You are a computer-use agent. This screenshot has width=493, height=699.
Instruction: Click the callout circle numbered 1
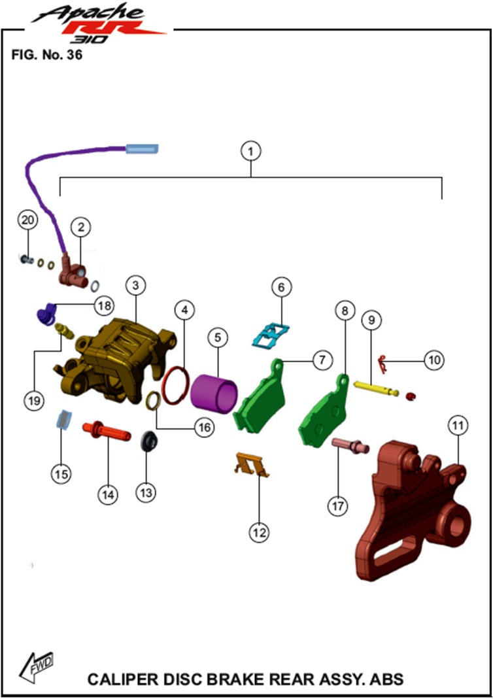250,152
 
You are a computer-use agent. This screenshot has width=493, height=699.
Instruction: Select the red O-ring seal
175,385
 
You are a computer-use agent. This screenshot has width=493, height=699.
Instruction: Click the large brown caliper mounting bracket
413,508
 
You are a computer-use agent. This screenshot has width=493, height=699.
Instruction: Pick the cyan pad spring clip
271,335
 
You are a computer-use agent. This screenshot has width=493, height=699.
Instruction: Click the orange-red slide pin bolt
107,431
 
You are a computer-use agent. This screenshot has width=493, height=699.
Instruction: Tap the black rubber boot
149,441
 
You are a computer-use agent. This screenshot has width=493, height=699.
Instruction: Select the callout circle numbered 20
27,220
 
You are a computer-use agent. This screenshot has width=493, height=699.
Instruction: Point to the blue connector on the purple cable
142,148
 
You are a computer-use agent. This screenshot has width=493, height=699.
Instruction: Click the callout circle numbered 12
260,532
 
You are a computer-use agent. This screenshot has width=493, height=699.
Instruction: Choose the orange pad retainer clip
251,464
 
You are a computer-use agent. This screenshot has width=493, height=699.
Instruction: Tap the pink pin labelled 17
350,445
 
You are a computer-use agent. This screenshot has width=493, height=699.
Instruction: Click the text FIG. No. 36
47,55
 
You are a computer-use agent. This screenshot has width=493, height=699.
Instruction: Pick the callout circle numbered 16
204,428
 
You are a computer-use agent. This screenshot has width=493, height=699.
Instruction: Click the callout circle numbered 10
434,360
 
